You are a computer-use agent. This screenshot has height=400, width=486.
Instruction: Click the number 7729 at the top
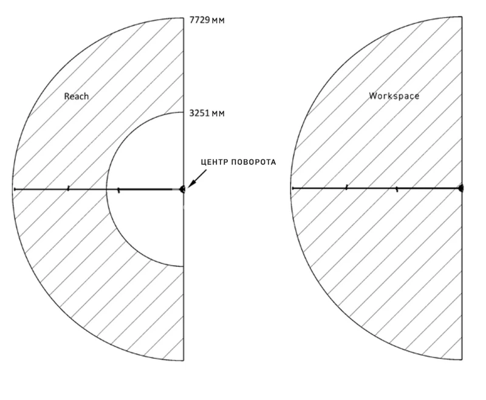pyautogui.click(x=199, y=21)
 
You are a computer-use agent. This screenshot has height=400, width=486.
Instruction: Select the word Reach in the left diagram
pyautogui.click(x=77, y=96)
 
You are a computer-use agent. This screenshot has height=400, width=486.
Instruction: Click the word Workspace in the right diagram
pyautogui.click(x=394, y=96)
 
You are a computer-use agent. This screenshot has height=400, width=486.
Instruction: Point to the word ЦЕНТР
pyautogui.click(x=216, y=162)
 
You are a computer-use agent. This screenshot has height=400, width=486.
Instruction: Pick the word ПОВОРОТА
pyautogui.click(x=255, y=162)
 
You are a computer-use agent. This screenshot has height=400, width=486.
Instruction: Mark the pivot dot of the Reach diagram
pyautogui.click(x=183, y=189)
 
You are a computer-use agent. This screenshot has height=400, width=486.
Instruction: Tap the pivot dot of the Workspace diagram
pyautogui.click(x=461, y=188)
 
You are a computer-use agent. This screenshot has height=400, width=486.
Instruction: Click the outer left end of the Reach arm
pyautogui.click(x=14, y=189)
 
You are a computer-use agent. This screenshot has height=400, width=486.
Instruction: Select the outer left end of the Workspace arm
pyautogui.click(x=292, y=188)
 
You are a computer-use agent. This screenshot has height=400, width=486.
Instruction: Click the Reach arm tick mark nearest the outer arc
pyautogui.click(x=68, y=189)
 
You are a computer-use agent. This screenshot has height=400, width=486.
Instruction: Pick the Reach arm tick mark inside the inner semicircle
pyautogui.click(x=118, y=190)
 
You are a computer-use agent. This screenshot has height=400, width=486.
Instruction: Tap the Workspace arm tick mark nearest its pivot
pyautogui.click(x=397, y=189)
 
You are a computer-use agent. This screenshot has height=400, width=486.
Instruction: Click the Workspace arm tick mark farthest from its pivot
pyautogui.click(x=346, y=188)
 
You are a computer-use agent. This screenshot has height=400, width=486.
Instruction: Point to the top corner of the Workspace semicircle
pyautogui.click(x=462, y=17)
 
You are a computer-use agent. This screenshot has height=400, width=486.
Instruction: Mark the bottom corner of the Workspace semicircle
pyautogui.click(x=462, y=360)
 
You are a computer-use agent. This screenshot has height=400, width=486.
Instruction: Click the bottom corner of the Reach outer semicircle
pyautogui.click(x=183, y=360)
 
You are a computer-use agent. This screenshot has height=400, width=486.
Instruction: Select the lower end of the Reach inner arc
pyautogui.click(x=183, y=266)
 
